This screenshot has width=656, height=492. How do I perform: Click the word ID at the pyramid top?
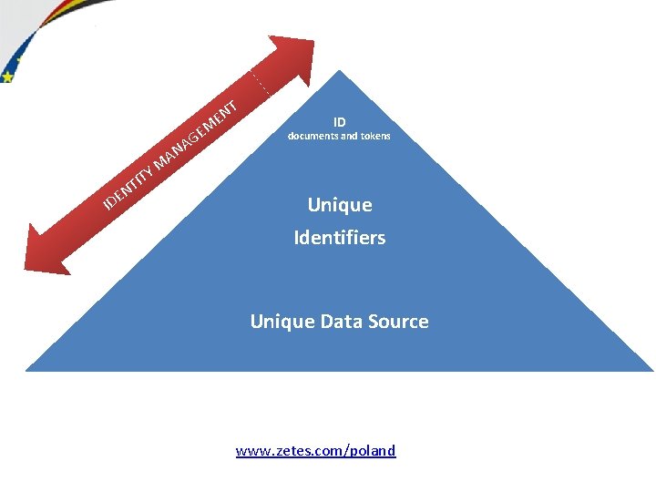(339, 121)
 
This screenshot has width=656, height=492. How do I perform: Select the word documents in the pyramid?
(313, 137)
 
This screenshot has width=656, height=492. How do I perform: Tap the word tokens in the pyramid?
(374, 137)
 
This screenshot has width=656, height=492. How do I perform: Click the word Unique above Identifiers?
(339, 205)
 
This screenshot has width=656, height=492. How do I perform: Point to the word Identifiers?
(339, 238)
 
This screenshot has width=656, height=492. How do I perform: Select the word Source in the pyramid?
(395, 321)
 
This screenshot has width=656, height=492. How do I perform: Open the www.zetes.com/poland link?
(315, 450)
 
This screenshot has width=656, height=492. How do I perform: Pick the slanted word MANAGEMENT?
(197, 138)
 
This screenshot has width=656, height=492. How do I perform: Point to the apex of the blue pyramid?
(339, 72)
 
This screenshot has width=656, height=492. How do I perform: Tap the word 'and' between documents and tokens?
(349, 137)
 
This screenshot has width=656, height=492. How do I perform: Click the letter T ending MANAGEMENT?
(232, 107)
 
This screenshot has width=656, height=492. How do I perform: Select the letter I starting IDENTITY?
(107, 201)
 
